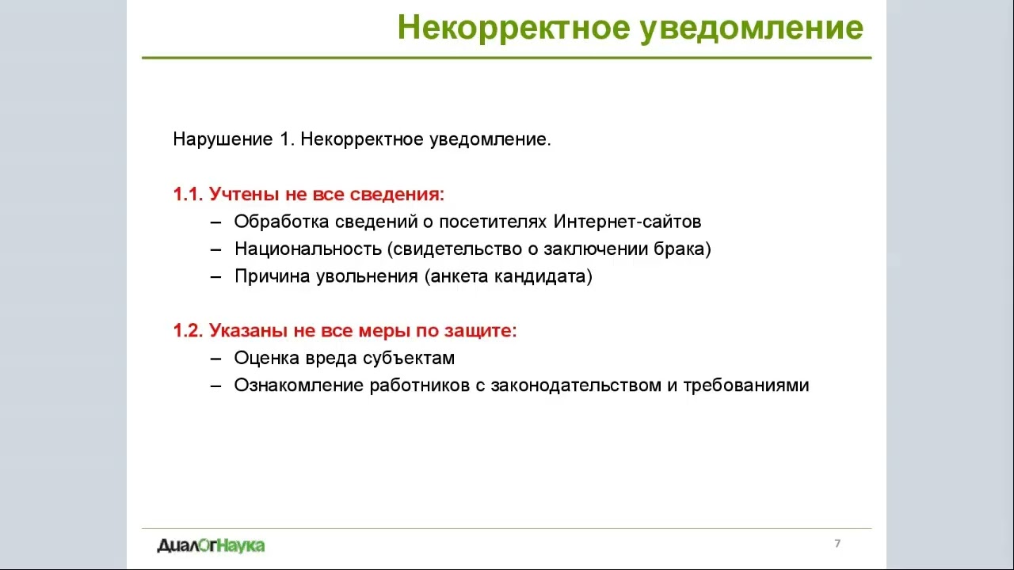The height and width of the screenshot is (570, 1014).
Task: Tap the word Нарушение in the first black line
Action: click(223, 140)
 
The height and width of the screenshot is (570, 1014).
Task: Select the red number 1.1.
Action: click(189, 195)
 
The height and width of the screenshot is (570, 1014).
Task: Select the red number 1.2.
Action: click(189, 331)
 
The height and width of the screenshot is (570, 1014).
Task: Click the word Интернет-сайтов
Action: click(627, 222)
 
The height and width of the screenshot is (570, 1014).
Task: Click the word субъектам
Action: click(409, 359)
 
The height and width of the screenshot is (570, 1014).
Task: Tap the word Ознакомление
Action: click(299, 386)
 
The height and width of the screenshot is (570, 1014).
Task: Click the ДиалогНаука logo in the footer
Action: click(211, 545)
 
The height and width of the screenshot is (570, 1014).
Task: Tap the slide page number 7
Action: click(837, 544)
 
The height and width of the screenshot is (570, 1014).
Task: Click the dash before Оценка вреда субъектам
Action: click(215, 359)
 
